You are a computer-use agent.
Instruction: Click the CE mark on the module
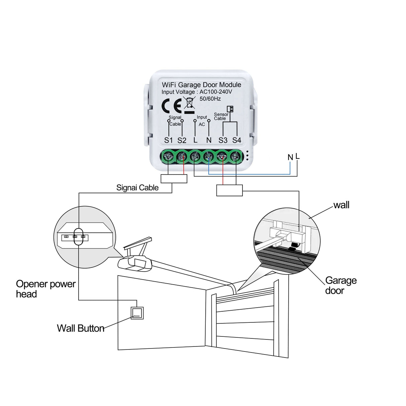point(171,105)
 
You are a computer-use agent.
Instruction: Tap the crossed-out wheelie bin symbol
point(189,105)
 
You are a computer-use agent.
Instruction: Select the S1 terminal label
point(168,140)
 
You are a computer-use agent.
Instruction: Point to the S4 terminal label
point(236,140)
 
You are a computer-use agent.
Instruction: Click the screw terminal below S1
point(169,156)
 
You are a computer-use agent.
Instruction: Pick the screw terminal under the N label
point(208,156)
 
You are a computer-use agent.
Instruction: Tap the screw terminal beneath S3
point(222,156)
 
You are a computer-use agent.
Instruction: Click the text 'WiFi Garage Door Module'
point(201,85)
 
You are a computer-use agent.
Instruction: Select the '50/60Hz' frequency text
point(210,99)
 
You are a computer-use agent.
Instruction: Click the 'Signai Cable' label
point(137,188)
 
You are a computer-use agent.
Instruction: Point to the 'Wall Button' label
point(81,328)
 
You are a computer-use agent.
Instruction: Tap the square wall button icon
point(137,313)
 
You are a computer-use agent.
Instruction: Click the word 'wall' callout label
point(341,205)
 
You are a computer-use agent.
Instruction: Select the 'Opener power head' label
point(46,289)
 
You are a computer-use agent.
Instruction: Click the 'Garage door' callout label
point(341,286)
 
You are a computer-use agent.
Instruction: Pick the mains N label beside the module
point(290,157)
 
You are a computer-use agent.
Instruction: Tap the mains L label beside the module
point(298,156)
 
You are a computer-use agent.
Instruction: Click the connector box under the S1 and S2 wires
point(174,179)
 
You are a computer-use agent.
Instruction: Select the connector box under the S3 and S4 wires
point(229,191)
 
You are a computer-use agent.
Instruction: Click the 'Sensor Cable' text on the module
point(221,116)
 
